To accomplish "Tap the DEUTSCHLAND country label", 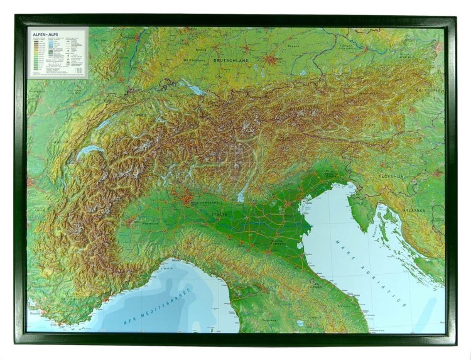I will coord(231,60).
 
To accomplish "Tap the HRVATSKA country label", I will coord(414,210).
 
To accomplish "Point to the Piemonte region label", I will coord(148,222).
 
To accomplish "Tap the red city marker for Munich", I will coord(271,61).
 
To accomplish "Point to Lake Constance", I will coord(194,90).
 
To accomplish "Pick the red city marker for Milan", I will coord(188,199).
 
